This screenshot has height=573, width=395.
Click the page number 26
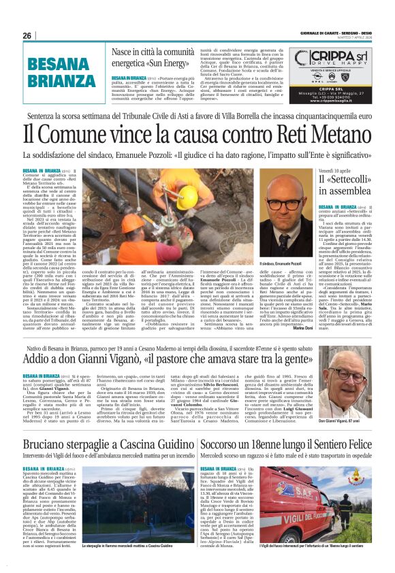point(27,35)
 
